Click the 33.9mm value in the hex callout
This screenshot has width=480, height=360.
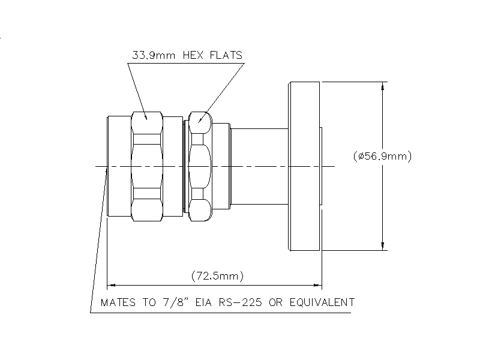154,55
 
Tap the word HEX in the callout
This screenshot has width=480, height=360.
193,55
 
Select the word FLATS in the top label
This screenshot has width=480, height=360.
226,55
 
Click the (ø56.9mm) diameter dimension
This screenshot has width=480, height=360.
382,156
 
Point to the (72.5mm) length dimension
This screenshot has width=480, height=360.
217,276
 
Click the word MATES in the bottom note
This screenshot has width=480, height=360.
118,302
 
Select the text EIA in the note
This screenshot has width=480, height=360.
203,302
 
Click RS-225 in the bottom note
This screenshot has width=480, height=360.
241,302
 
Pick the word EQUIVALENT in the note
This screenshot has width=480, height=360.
322,302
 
